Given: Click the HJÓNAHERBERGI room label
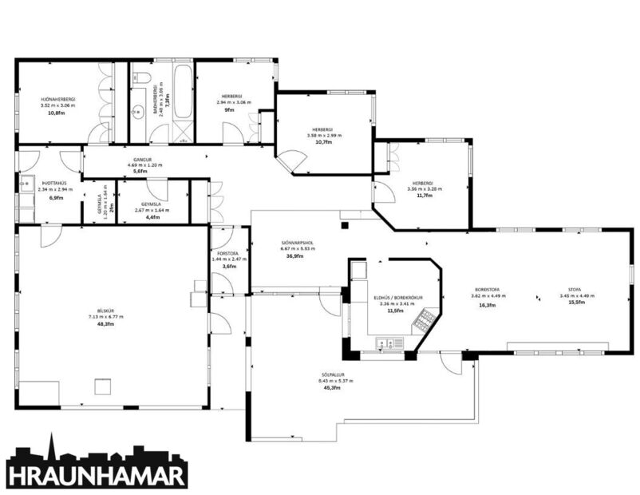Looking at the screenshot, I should pyautogui.click(x=57, y=100).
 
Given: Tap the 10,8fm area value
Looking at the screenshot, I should pyautogui.click(x=56, y=113).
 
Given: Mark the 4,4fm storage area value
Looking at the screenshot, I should pyautogui.click(x=152, y=217).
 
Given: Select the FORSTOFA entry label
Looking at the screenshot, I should pyautogui.click(x=224, y=253).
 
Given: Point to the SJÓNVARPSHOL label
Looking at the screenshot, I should pyautogui.click(x=297, y=243).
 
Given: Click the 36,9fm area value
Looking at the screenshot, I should pyautogui.click(x=297, y=255).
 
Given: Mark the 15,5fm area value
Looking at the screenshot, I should pyautogui.click(x=575, y=304).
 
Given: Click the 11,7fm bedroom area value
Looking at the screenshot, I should pyautogui.click(x=423, y=196).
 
